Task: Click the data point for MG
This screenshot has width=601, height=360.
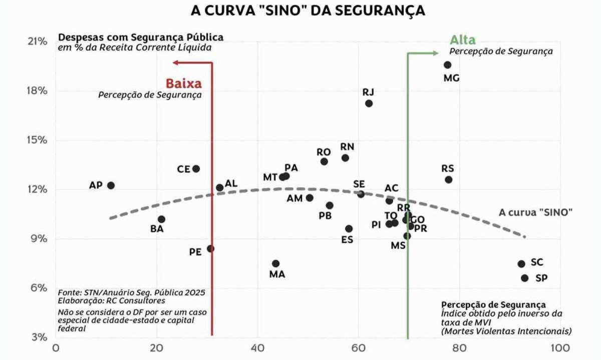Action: [447, 65]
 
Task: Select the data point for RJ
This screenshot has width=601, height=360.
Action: [369, 103]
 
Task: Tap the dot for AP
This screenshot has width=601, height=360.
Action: [111, 185]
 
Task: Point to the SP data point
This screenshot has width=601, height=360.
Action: [524, 278]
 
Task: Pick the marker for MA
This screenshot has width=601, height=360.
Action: [275, 263]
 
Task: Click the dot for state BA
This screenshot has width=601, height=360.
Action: [161, 219]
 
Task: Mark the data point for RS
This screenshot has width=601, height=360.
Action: [448, 179]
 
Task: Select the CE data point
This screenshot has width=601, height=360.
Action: [196, 169]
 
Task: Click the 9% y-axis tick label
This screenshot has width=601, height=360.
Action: [39, 238]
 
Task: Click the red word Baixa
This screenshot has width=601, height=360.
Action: [183, 83]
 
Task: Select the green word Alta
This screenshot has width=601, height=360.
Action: [462, 40]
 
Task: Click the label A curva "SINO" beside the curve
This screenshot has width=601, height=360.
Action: [535, 212]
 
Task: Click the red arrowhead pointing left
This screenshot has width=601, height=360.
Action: [175, 62]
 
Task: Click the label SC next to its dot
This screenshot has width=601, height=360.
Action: [537, 262]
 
